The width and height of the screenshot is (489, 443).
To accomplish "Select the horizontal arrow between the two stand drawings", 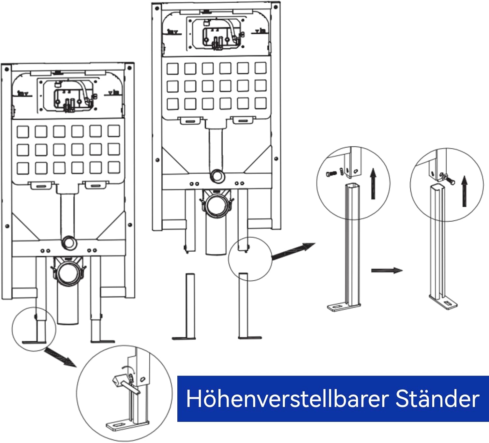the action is [387, 270].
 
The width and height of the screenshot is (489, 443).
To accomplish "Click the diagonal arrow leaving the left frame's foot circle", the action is [60, 358].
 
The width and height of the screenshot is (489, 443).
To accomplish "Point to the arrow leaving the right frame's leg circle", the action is [293, 251].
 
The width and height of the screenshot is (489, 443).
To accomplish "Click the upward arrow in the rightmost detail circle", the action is [464, 191].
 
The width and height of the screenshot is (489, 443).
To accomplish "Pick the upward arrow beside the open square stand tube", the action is [373, 184].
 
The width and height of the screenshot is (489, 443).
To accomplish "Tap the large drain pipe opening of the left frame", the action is [68, 271].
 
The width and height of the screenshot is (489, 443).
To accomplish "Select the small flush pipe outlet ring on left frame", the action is [69, 243].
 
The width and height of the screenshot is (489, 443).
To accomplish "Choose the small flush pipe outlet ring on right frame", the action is [217, 176].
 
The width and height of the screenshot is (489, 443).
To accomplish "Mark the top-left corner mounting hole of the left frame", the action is [7, 69].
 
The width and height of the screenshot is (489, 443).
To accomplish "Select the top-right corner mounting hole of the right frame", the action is [276, 7].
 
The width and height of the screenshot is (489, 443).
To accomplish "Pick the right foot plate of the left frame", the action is [103, 342].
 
